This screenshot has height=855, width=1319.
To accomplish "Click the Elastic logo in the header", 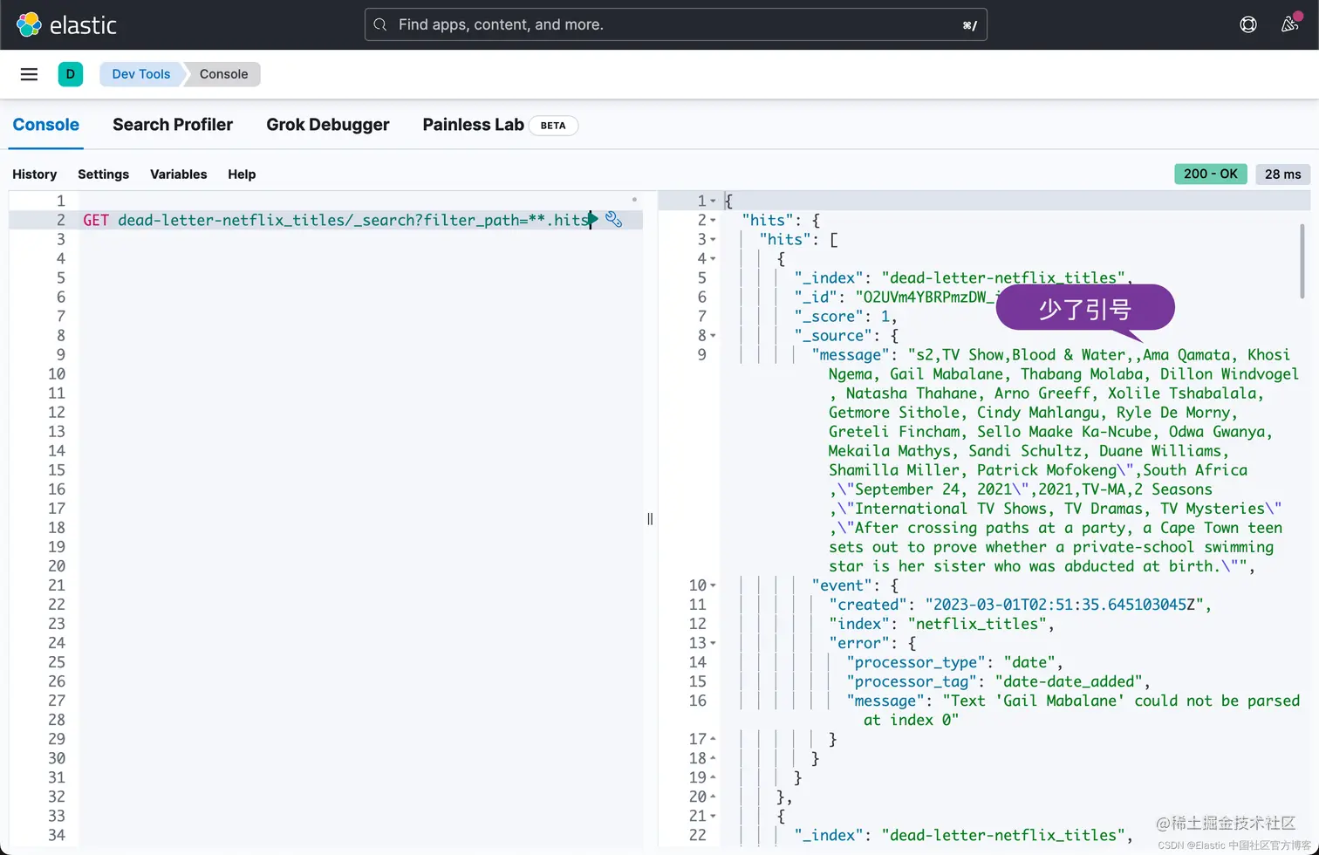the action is (x=65, y=24).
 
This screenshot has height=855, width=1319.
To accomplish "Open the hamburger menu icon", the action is (x=29, y=74).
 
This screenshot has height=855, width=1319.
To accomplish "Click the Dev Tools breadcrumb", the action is (x=140, y=74).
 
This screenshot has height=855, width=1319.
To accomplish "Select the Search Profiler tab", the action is (x=173, y=125).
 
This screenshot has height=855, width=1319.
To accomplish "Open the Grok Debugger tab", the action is (x=328, y=125).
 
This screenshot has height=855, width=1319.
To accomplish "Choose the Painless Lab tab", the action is (x=473, y=125).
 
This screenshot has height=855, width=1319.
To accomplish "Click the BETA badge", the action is (x=553, y=126).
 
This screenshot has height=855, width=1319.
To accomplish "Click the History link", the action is (x=34, y=174).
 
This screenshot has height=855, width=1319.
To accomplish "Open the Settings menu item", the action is (x=103, y=174).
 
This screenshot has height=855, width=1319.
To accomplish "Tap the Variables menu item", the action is (x=178, y=174).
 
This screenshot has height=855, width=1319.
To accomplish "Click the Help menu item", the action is (x=242, y=174).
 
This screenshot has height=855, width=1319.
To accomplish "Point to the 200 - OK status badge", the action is (x=1210, y=174).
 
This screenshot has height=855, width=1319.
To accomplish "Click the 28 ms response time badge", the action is (x=1282, y=174).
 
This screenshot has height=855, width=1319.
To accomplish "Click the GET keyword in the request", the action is (x=96, y=220).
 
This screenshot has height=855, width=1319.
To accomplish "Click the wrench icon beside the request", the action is (x=614, y=220).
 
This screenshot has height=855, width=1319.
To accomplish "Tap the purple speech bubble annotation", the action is (x=1085, y=308).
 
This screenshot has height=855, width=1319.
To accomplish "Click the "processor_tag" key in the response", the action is (x=912, y=681).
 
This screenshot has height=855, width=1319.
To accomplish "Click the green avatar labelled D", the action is (x=71, y=74).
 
